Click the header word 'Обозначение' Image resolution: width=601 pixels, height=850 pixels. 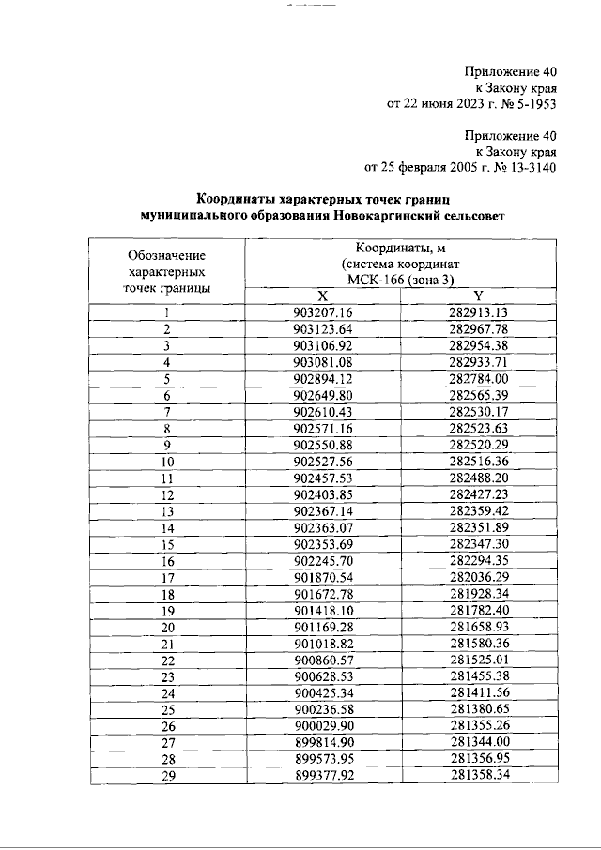pos(166,255)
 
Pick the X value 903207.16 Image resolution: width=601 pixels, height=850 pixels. pos(322,312)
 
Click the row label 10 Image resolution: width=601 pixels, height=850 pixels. pos(166,462)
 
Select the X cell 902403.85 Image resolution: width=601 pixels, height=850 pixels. pos(322,494)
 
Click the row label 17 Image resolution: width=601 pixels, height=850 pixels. pos(166,577)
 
